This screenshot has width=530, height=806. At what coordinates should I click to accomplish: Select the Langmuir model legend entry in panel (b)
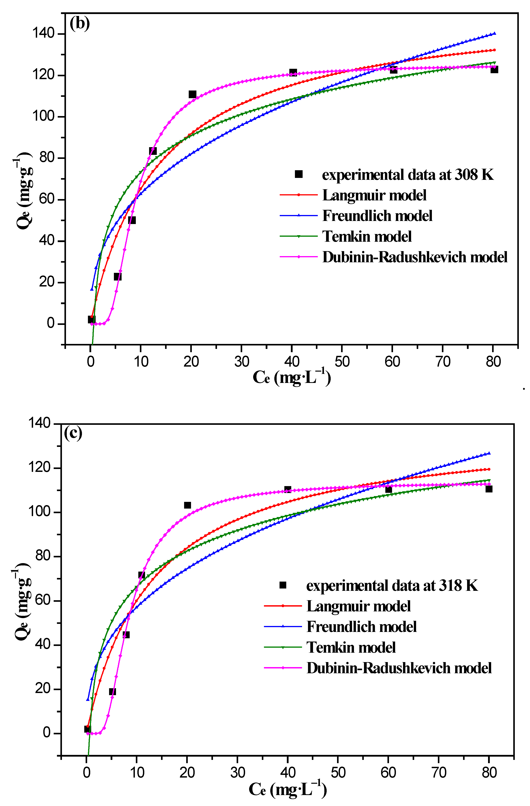(374, 195)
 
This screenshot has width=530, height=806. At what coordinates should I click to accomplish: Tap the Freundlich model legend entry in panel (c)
(361, 627)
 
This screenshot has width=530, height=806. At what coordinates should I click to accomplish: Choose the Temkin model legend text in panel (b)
(367, 237)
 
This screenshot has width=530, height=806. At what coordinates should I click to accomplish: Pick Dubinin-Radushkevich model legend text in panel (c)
(399, 668)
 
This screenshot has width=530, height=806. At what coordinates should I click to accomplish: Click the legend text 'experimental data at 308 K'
(408, 175)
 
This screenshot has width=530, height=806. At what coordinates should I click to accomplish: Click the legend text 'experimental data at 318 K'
(392, 586)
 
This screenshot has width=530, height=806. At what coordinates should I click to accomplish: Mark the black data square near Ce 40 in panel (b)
(293, 73)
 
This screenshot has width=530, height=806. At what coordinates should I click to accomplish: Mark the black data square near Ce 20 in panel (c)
(188, 505)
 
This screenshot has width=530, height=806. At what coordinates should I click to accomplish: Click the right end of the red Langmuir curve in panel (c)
(489, 469)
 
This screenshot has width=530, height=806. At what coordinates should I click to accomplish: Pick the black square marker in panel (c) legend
(283, 585)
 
